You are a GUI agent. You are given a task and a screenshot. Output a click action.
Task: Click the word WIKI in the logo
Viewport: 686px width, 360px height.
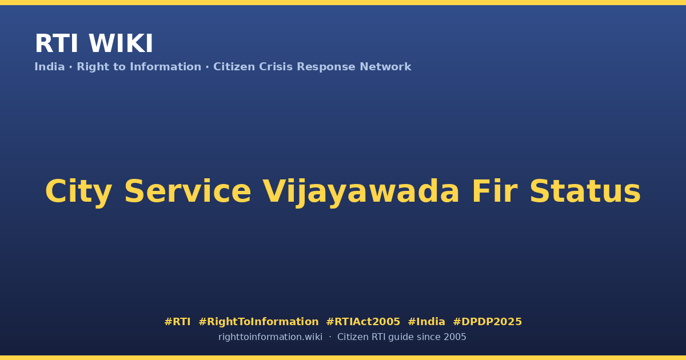[x=121, y=43]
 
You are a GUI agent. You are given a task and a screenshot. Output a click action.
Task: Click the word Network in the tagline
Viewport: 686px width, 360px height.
[x=385, y=67]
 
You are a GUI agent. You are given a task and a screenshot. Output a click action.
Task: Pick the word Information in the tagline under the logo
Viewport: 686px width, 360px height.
[x=166, y=67]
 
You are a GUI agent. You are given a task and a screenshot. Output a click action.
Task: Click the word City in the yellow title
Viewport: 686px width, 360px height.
[x=79, y=192]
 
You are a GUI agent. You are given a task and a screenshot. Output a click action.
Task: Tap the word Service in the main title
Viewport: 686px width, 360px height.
[x=188, y=191]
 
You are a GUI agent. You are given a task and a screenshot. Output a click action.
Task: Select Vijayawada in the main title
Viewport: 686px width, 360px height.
[x=361, y=192]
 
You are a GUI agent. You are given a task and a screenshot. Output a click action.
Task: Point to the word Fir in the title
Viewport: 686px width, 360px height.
[x=495, y=191]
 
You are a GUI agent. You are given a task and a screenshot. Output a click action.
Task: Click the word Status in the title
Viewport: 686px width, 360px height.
[x=585, y=191]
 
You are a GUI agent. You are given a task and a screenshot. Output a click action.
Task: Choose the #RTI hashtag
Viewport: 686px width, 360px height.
[x=177, y=322]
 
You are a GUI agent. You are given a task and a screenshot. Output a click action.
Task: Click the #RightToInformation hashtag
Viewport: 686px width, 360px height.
[x=258, y=322]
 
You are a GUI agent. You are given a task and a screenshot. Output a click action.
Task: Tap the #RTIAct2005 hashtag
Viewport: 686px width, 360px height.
[x=363, y=322]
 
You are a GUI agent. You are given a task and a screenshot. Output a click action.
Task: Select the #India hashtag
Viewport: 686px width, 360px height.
[x=426, y=322]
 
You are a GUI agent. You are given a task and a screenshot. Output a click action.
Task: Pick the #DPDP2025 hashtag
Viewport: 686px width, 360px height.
[x=487, y=322]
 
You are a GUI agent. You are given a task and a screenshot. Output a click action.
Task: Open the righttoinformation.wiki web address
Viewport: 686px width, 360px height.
[x=270, y=337]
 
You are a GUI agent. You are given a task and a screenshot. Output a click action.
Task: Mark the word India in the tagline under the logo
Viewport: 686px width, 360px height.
[x=50, y=67]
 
